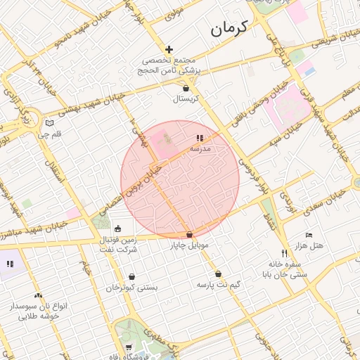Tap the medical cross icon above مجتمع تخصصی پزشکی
point(169,49)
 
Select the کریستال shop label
point(186,99)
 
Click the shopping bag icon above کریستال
point(186,89)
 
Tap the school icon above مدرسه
point(200,139)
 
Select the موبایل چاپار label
point(189,246)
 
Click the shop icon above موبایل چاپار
point(189,235)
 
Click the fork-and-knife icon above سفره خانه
point(284,253)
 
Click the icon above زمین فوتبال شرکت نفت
point(117,229)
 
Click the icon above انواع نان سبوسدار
point(38,296)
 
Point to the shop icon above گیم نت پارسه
point(218,274)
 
